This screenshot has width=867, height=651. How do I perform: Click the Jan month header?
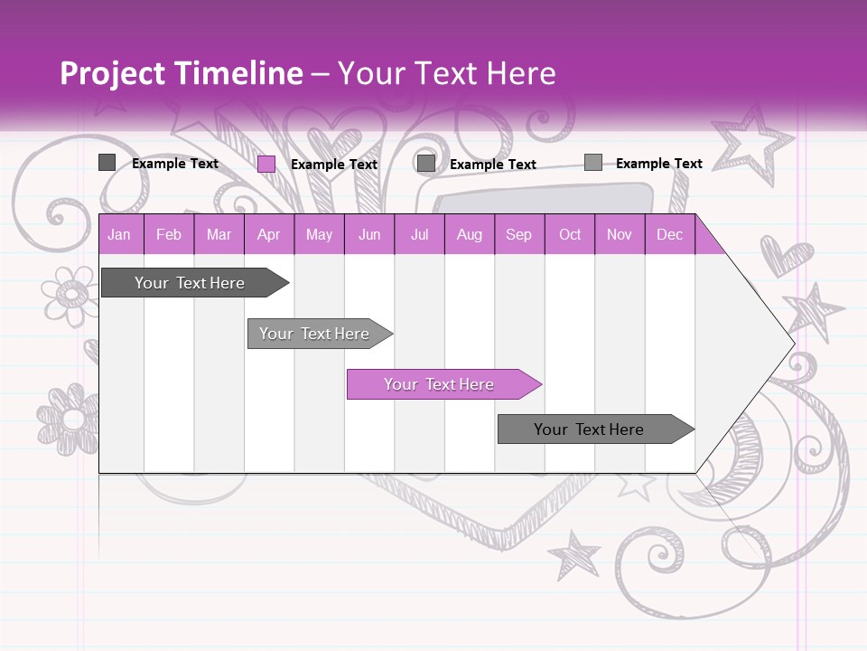tap(120, 234)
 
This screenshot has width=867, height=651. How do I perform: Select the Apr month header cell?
tap(269, 234)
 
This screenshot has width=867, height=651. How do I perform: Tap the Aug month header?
tap(470, 234)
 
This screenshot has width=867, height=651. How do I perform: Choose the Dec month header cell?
tap(670, 234)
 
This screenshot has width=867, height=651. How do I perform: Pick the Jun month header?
tap(369, 234)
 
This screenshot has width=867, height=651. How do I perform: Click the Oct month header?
tap(570, 234)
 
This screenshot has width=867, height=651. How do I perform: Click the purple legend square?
tap(266, 164)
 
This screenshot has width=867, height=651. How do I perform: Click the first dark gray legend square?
tap(107, 163)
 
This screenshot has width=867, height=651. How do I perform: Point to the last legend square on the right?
tap(592, 163)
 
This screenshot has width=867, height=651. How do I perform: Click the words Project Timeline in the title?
tap(181, 73)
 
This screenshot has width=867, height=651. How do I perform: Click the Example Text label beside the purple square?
tap(334, 165)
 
